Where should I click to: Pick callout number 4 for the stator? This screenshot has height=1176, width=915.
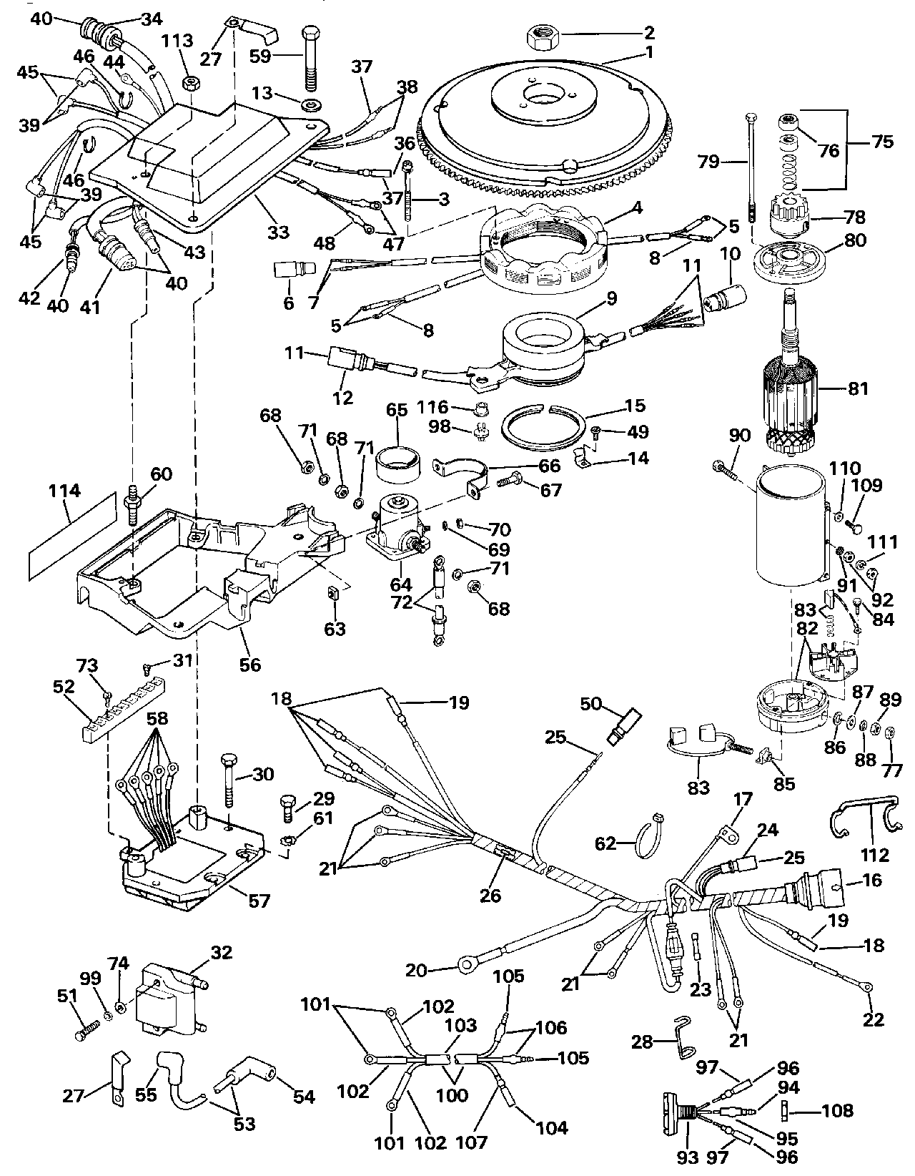pyautogui.click(x=638, y=210)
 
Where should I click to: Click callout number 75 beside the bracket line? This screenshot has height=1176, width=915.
pyautogui.click(x=882, y=141)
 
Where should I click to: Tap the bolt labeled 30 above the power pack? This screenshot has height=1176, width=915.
pyautogui.click(x=229, y=783)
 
